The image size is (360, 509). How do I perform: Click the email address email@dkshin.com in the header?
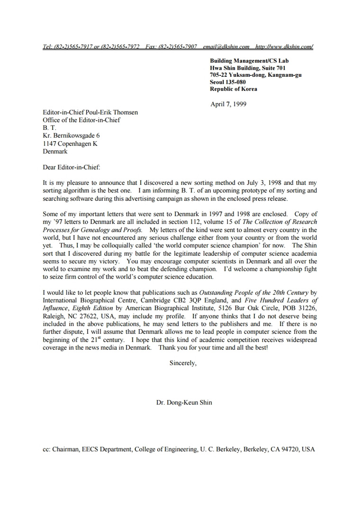pyautogui.click(x=226, y=47)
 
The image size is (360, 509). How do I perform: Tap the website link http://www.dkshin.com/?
pyautogui.click(x=284, y=47)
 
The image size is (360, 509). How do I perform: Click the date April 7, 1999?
pyautogui.click(x=228, y=104)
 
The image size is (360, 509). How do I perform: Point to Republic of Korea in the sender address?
pyautogui.click(x=234, y=89)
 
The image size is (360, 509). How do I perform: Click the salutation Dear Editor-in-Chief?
pyautogui.click(x=72, y=167)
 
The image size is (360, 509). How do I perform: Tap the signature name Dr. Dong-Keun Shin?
pyautogui.click(x=184, y=403)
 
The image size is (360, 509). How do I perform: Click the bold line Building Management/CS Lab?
pyautogui.click(x=249, y=61)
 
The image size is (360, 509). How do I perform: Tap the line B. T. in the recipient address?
pyautogui.click(x=49, y=128)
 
